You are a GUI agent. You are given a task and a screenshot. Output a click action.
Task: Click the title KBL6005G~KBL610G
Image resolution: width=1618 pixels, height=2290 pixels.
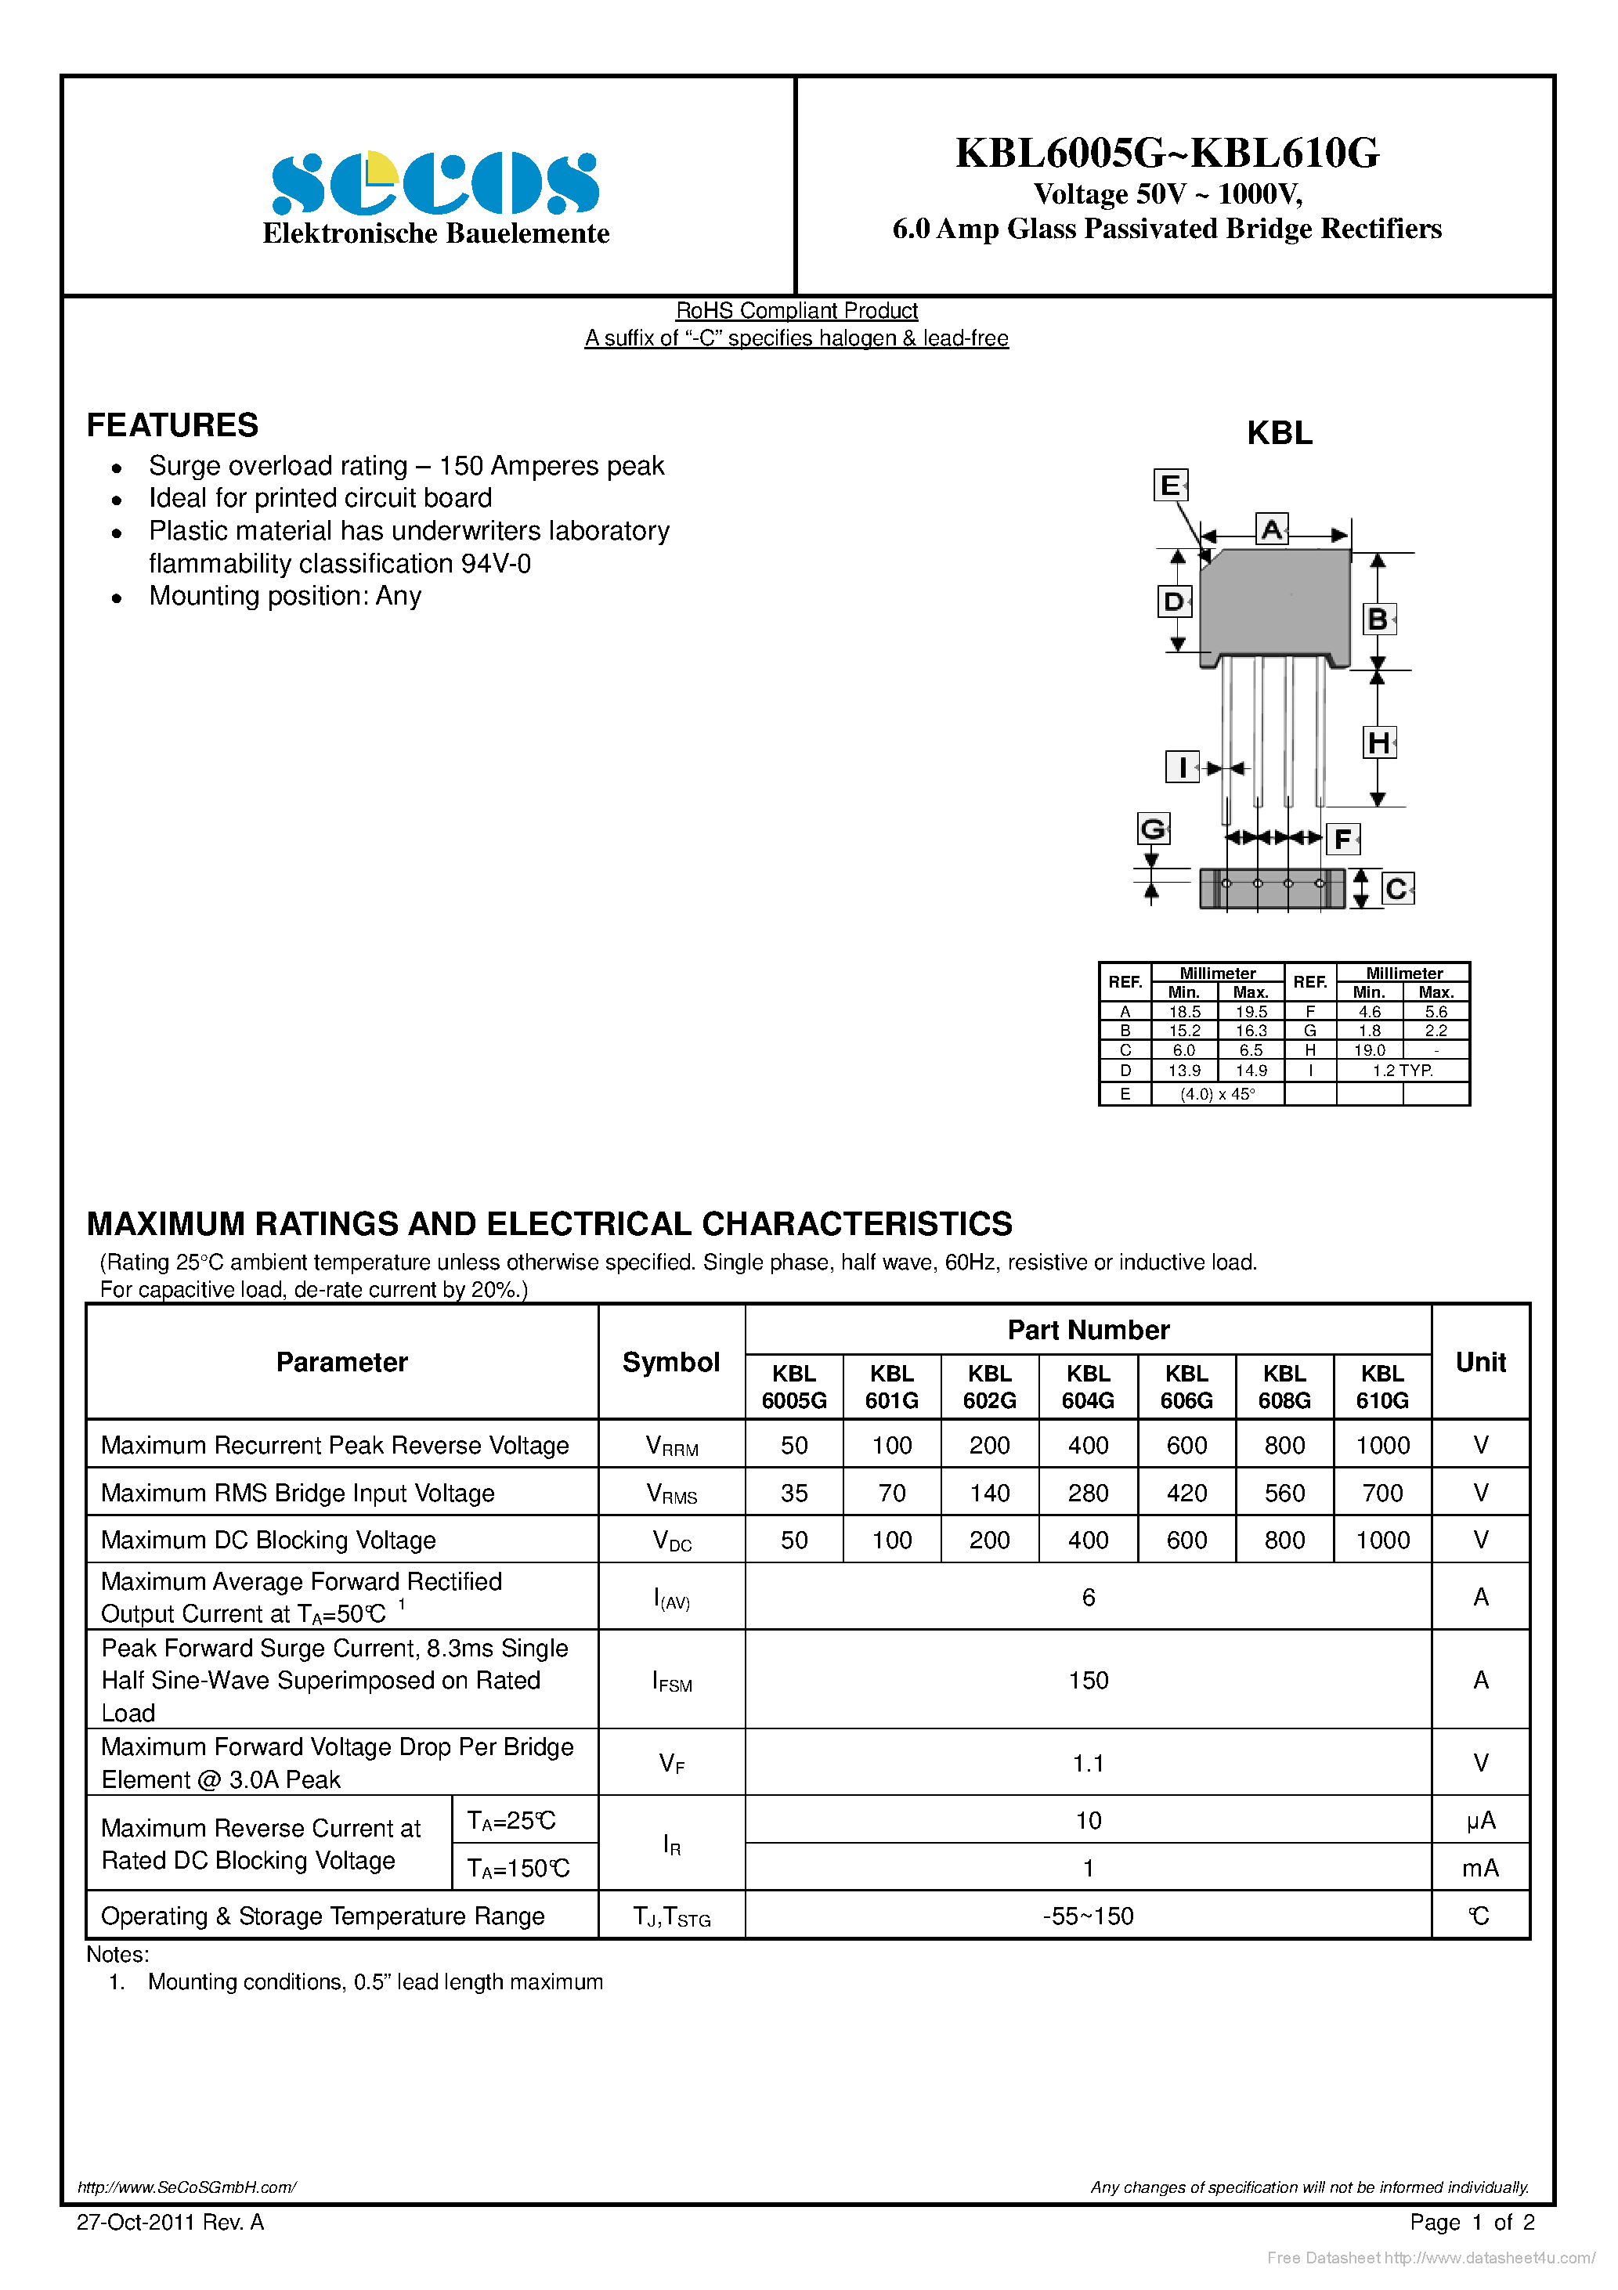1167,153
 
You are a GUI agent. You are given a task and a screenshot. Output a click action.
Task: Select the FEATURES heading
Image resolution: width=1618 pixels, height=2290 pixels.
172,425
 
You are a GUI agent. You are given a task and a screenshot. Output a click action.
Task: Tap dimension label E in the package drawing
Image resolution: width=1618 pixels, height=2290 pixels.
1169,486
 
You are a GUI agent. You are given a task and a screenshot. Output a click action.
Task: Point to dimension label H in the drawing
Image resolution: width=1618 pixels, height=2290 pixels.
1378,742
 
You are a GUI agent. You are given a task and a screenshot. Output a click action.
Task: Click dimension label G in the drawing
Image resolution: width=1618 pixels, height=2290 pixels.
1152,828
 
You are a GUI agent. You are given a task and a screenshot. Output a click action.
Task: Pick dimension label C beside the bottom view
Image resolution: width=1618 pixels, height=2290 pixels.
1396,887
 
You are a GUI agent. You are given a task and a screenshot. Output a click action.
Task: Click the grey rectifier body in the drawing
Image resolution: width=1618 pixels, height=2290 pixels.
1274,603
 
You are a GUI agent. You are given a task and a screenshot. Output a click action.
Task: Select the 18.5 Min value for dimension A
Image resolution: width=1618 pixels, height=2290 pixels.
1184,1011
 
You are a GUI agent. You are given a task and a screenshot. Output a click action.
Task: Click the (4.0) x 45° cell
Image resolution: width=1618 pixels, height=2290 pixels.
1217,1094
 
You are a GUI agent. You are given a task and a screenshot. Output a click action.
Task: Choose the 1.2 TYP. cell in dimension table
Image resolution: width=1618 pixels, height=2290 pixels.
1402,1070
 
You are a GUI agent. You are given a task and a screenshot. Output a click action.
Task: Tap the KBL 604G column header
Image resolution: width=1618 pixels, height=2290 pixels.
1087,1386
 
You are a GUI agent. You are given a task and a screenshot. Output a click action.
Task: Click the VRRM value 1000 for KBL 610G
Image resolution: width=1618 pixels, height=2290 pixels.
1381,1445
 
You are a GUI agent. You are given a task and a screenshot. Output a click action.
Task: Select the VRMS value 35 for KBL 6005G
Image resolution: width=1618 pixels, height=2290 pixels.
794,1493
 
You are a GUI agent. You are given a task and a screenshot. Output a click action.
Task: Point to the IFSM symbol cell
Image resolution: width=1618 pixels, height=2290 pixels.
671,1681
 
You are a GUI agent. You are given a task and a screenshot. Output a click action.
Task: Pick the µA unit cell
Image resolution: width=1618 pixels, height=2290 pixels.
1480,1820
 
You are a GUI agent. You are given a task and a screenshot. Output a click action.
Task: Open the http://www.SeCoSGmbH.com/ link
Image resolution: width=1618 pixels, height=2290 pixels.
186,2187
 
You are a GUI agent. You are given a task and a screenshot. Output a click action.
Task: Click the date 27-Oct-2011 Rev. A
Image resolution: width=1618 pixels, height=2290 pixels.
170,2222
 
